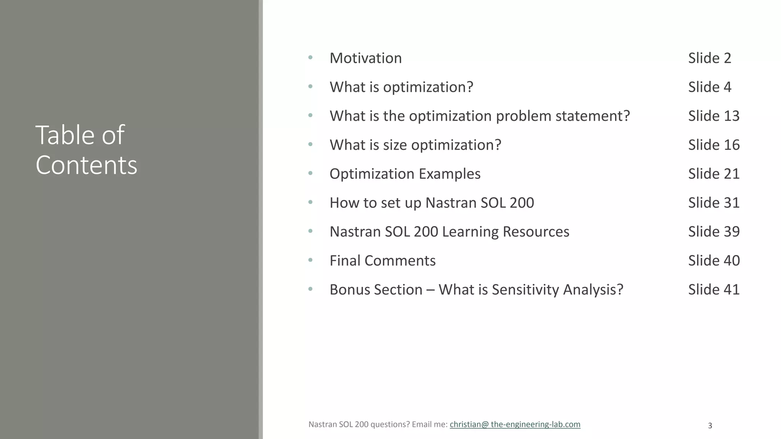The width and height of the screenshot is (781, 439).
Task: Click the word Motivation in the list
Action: tap(365, 58)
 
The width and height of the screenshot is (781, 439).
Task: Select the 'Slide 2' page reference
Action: tap(710, 58)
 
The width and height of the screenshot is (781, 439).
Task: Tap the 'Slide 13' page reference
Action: tap(714, 116)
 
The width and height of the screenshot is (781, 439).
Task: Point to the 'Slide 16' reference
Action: tap(714, 145)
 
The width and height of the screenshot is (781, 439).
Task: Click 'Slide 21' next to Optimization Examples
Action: tap(714, 174)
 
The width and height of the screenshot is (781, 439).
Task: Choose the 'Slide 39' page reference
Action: tap(714, 232)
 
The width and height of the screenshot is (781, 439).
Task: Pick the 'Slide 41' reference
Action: tap(714, 290)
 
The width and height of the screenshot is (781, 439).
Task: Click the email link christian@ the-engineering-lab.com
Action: tap(515, 425)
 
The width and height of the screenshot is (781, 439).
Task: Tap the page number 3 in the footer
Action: tap(710, 426)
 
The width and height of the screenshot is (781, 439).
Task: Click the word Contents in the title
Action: tap(86, 165)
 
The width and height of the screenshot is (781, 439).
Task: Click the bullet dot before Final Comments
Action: tap(310, 260)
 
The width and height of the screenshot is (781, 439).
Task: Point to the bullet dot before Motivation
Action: tap(310, 58)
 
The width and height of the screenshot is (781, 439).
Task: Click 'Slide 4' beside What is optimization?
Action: tap(710, 87)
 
